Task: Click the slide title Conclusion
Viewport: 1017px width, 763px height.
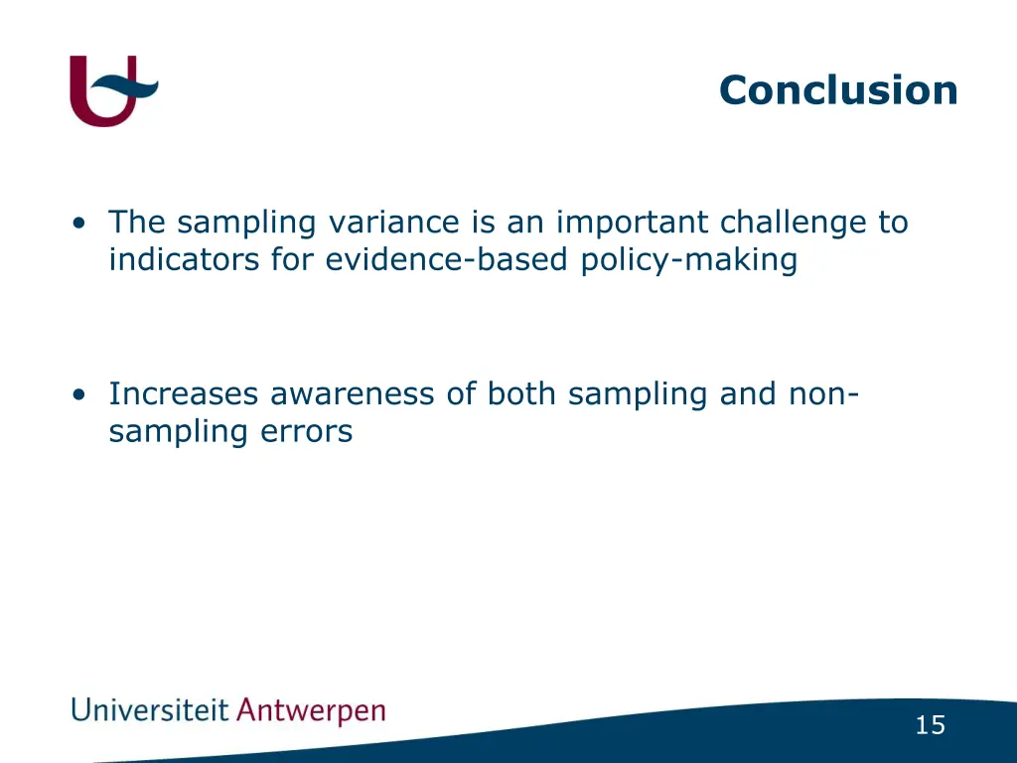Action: click(x=838, y=90)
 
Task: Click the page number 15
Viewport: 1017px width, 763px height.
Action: click(x=930, y=726)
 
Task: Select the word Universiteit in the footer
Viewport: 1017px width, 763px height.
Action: click(x=149, y=711)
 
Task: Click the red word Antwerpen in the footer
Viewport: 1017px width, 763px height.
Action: click(x=311, y=712)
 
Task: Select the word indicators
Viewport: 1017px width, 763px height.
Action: click(x=185, y=260)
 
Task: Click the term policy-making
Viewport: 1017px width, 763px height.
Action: click(x=689, y=260)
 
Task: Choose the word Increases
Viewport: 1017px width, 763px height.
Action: click(x=184, y=394)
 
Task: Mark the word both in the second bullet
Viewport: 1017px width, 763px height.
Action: click(x=522, y=394)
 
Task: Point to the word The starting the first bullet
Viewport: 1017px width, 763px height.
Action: click(x=138, y=223)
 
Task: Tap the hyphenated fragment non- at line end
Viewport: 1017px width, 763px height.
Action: click(x=823, y=394)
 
